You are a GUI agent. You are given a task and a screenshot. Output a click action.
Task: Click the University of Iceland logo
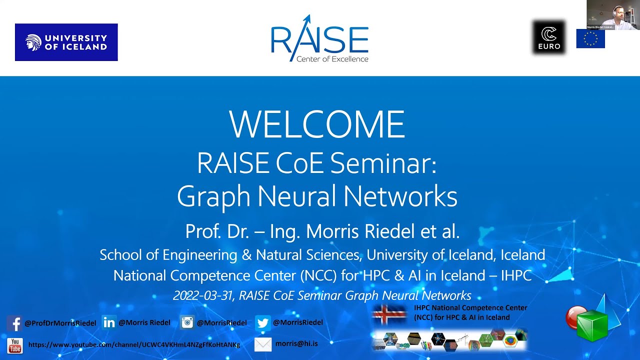click(66, 42)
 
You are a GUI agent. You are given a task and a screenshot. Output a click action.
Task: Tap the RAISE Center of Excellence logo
click(319, 39)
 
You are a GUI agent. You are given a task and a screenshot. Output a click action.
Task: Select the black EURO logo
click(549, 37)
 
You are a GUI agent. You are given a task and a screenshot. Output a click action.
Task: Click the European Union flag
click(590, 38)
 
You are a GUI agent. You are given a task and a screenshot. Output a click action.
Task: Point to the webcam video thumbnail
click(613, 14)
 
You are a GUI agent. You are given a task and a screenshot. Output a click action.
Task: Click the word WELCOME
click(317, 124)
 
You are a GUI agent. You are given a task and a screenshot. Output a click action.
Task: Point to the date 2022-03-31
click(203, 295)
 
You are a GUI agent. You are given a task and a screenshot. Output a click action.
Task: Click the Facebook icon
click(14, 323)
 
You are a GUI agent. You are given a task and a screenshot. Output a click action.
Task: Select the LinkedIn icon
click(108, 322)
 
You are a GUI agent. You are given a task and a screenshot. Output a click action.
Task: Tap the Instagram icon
click(187, 322)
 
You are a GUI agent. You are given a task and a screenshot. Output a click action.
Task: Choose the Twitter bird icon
click(262, 323)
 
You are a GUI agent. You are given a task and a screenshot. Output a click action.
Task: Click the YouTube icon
click(15, 345)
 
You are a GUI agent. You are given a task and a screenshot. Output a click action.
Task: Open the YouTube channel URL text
click(134, 345)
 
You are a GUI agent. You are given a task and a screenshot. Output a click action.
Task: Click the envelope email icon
click(263, 344)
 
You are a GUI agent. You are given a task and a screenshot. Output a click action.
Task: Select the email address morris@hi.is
click(296, 344)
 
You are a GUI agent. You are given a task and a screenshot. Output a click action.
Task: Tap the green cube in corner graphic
click(592, 325)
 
